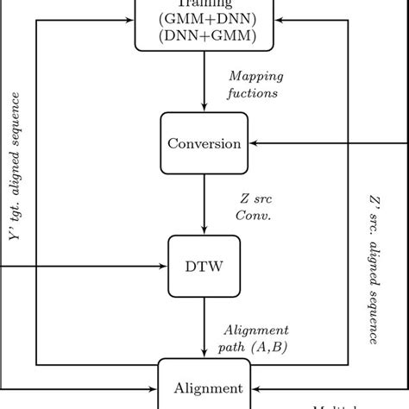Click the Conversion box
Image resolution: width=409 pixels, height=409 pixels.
[x=204, y=143]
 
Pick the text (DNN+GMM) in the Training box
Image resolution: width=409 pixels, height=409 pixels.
[x=204, y=35]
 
